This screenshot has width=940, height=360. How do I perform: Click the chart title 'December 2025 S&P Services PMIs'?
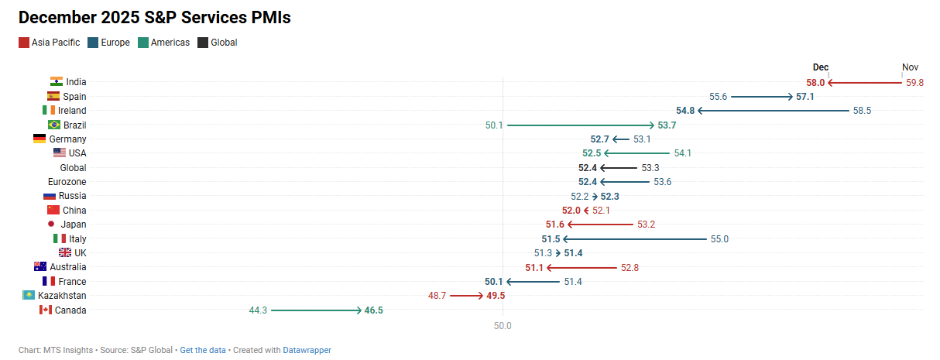coord(154,17)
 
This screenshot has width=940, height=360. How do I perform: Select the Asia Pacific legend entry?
coord(50,43)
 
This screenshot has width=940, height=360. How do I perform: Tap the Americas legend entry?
coord(163,43)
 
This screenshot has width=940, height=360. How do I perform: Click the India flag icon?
coord(56,82)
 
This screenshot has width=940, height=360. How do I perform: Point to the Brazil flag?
coord(54,125)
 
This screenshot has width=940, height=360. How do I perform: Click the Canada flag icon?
coord(45,310)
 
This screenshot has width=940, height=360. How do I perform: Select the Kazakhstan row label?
coord(62,296)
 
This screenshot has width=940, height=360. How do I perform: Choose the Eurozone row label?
coord(67,182)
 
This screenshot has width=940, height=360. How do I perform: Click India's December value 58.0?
coord(815,82)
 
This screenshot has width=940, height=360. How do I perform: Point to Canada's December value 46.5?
coord(374,310)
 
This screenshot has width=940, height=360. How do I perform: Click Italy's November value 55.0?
coord(719,238)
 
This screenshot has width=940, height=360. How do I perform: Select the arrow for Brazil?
coord(581,125)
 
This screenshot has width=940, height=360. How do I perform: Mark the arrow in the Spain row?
coord(761,97)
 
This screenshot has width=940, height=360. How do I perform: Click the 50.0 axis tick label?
coord(503,326)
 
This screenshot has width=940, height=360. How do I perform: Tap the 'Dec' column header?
coord(821,67)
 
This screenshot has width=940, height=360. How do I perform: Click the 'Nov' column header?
coord(910,67)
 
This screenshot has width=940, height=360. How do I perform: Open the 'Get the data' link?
coord(203,350)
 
